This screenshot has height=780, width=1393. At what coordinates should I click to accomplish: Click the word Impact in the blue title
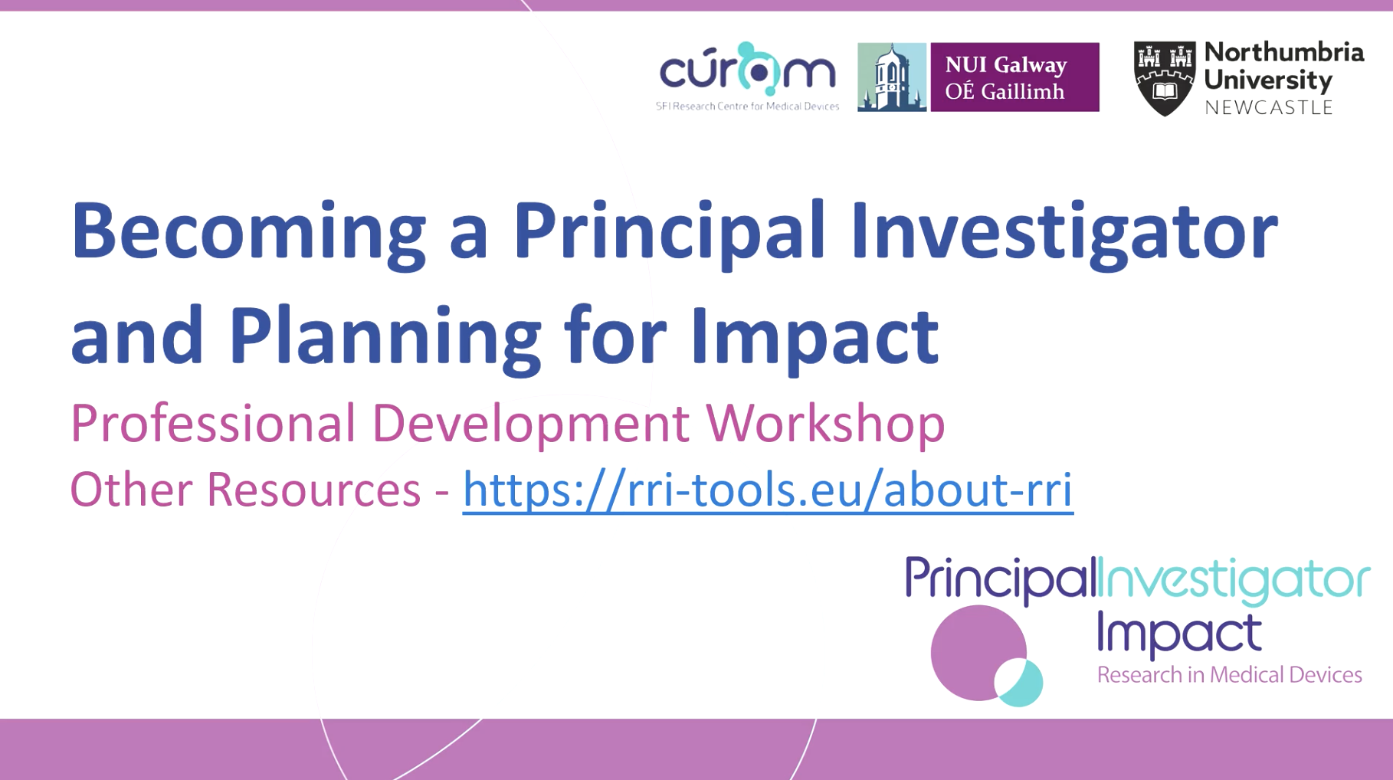(814, 337)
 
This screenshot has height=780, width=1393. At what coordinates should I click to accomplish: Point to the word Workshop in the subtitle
(825, 424)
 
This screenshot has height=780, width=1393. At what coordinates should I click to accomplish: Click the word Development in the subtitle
(530, 424)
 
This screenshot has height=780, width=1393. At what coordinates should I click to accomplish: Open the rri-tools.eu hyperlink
(768, 490)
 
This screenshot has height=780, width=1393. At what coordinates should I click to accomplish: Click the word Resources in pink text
(313, 490)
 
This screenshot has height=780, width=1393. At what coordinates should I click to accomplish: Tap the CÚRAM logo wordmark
(747, 68)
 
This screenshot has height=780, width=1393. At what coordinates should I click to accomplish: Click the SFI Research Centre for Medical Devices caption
(747, 107)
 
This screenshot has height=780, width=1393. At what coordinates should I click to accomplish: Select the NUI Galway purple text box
(1014, 77)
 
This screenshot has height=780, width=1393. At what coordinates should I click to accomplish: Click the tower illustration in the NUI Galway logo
(891, 77)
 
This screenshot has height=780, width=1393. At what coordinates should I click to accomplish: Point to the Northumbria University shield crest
(1165, 79)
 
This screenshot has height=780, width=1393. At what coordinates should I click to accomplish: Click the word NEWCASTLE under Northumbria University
(1269, 108)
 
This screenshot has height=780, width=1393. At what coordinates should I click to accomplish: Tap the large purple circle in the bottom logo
(978, 653)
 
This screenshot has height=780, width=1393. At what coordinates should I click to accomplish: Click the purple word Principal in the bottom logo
(1001, 579)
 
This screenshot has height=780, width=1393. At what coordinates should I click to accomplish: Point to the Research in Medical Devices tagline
(1229, 675)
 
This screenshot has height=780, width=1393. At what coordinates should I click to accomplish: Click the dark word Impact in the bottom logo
(1178, 634)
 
